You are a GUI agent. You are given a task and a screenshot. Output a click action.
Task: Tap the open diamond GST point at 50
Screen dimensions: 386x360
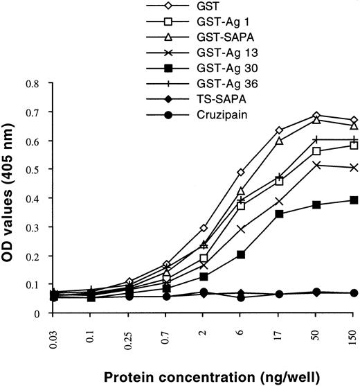(316, 115)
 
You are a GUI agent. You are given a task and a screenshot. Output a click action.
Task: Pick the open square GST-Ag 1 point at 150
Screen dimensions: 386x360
(354, 145)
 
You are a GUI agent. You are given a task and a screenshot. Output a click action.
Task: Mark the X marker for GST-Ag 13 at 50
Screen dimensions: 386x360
(316, 165)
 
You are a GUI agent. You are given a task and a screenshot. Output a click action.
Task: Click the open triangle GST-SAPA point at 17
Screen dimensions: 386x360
(279, 141)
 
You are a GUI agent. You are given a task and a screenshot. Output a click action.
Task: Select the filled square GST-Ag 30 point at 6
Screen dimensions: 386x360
(241, 254)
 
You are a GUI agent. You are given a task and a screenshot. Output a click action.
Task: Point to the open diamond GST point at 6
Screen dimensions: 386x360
(241, 172)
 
